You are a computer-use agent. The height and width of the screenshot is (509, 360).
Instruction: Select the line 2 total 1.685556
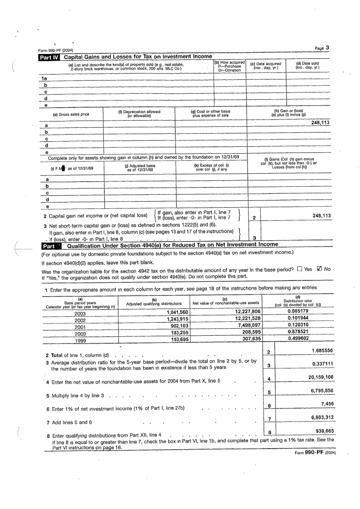pos(320,350)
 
